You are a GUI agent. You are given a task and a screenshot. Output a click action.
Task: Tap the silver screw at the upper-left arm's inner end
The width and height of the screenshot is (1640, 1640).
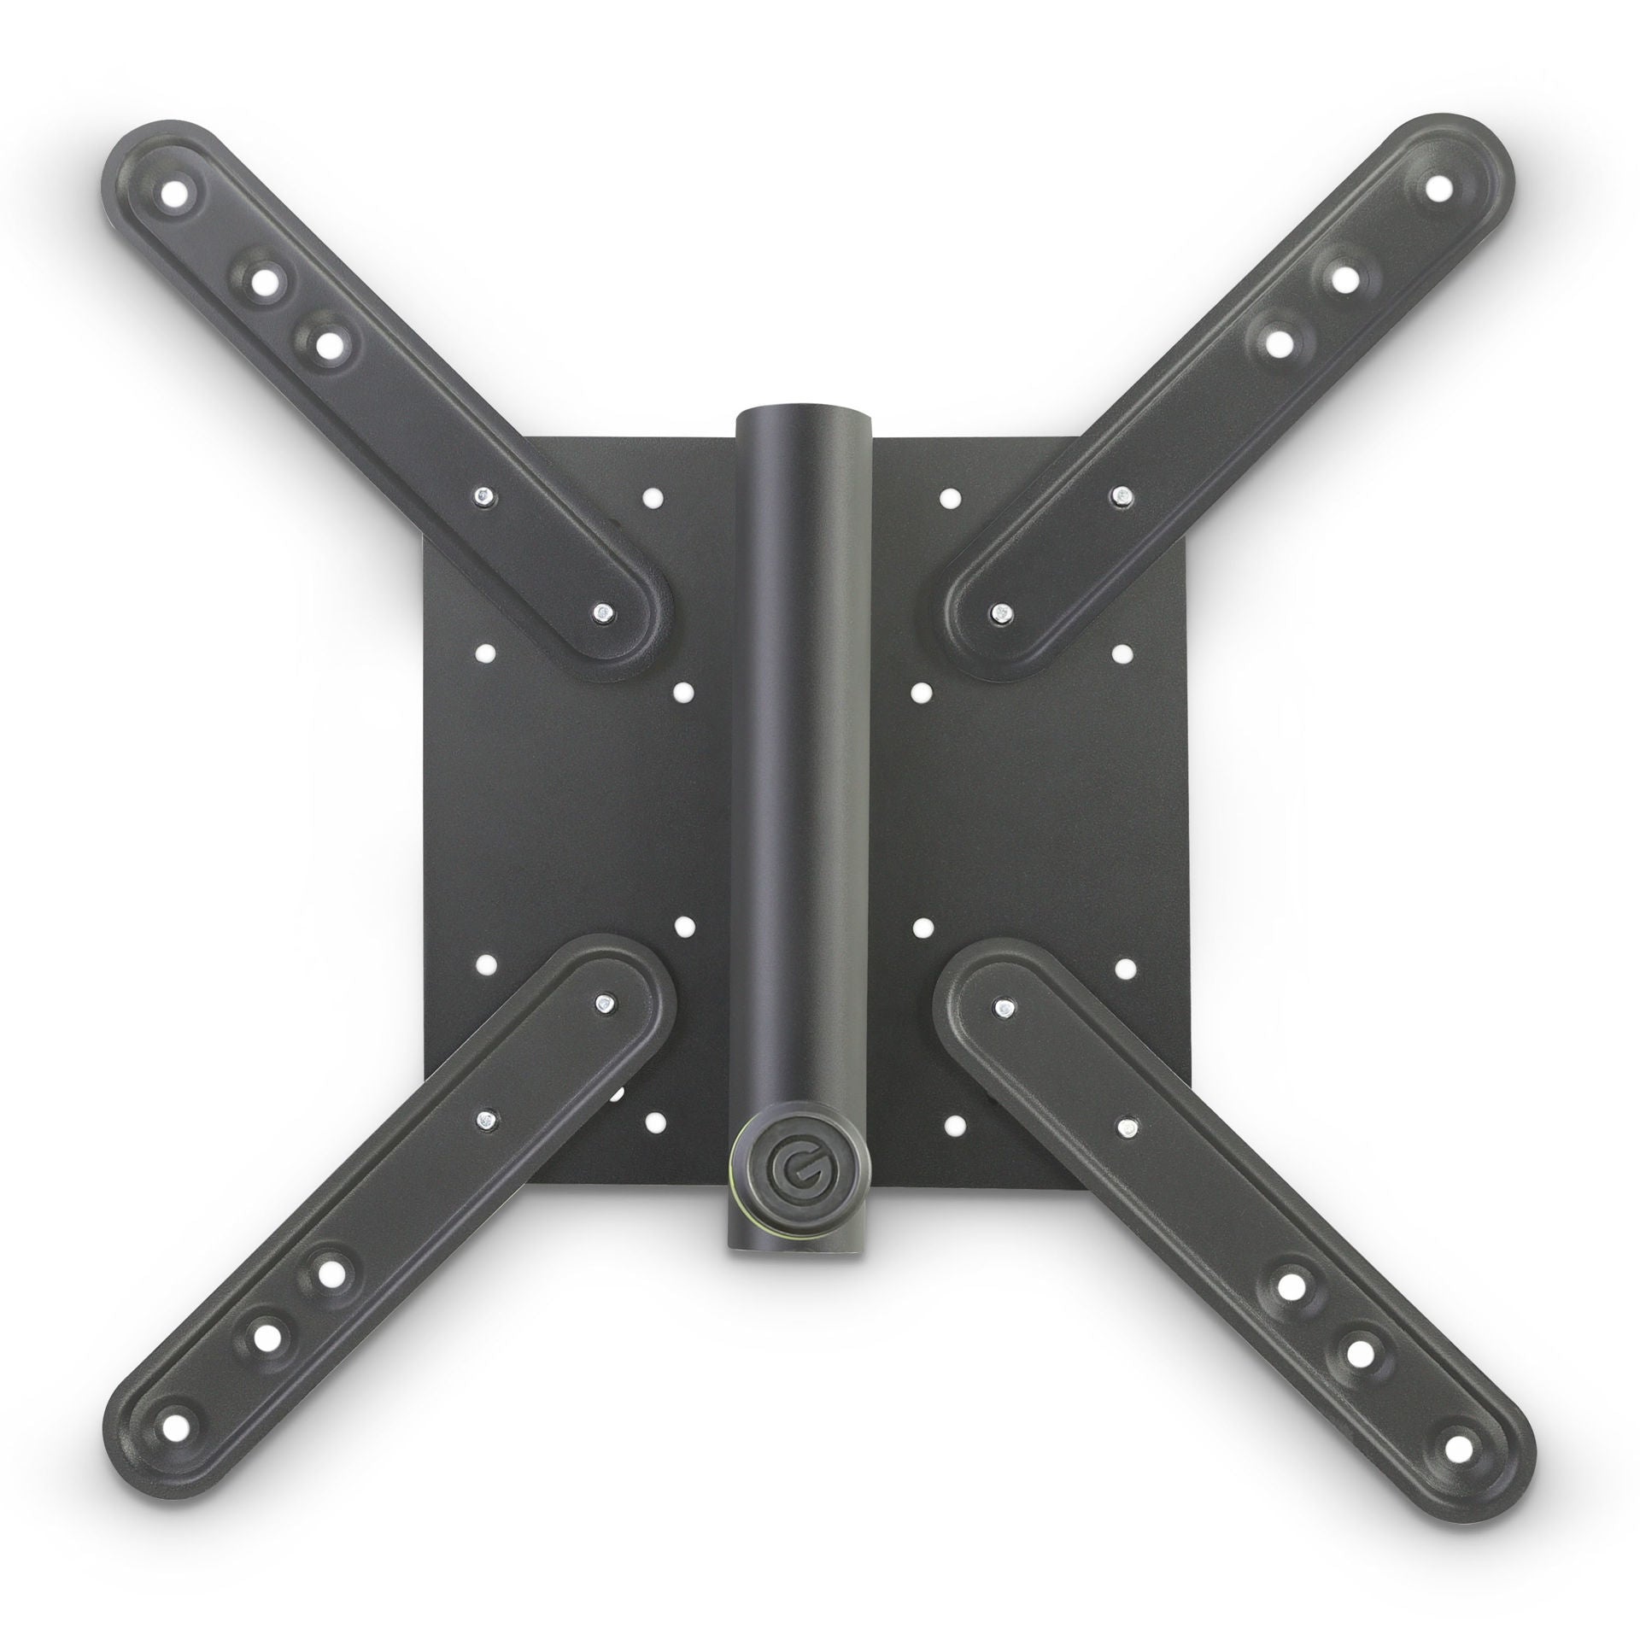[602, 612]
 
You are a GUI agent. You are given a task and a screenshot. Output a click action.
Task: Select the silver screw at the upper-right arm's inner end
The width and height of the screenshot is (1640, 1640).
[999, 612]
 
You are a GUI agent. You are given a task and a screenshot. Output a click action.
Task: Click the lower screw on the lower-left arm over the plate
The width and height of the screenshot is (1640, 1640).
[484, 1120]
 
